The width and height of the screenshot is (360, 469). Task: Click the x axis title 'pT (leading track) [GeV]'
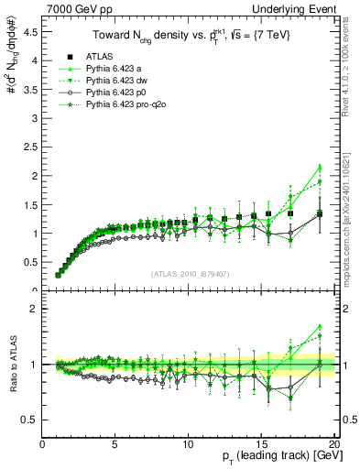click(x=274, y=457)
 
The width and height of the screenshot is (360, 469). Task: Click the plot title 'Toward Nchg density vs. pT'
click(x=187, y=35)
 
